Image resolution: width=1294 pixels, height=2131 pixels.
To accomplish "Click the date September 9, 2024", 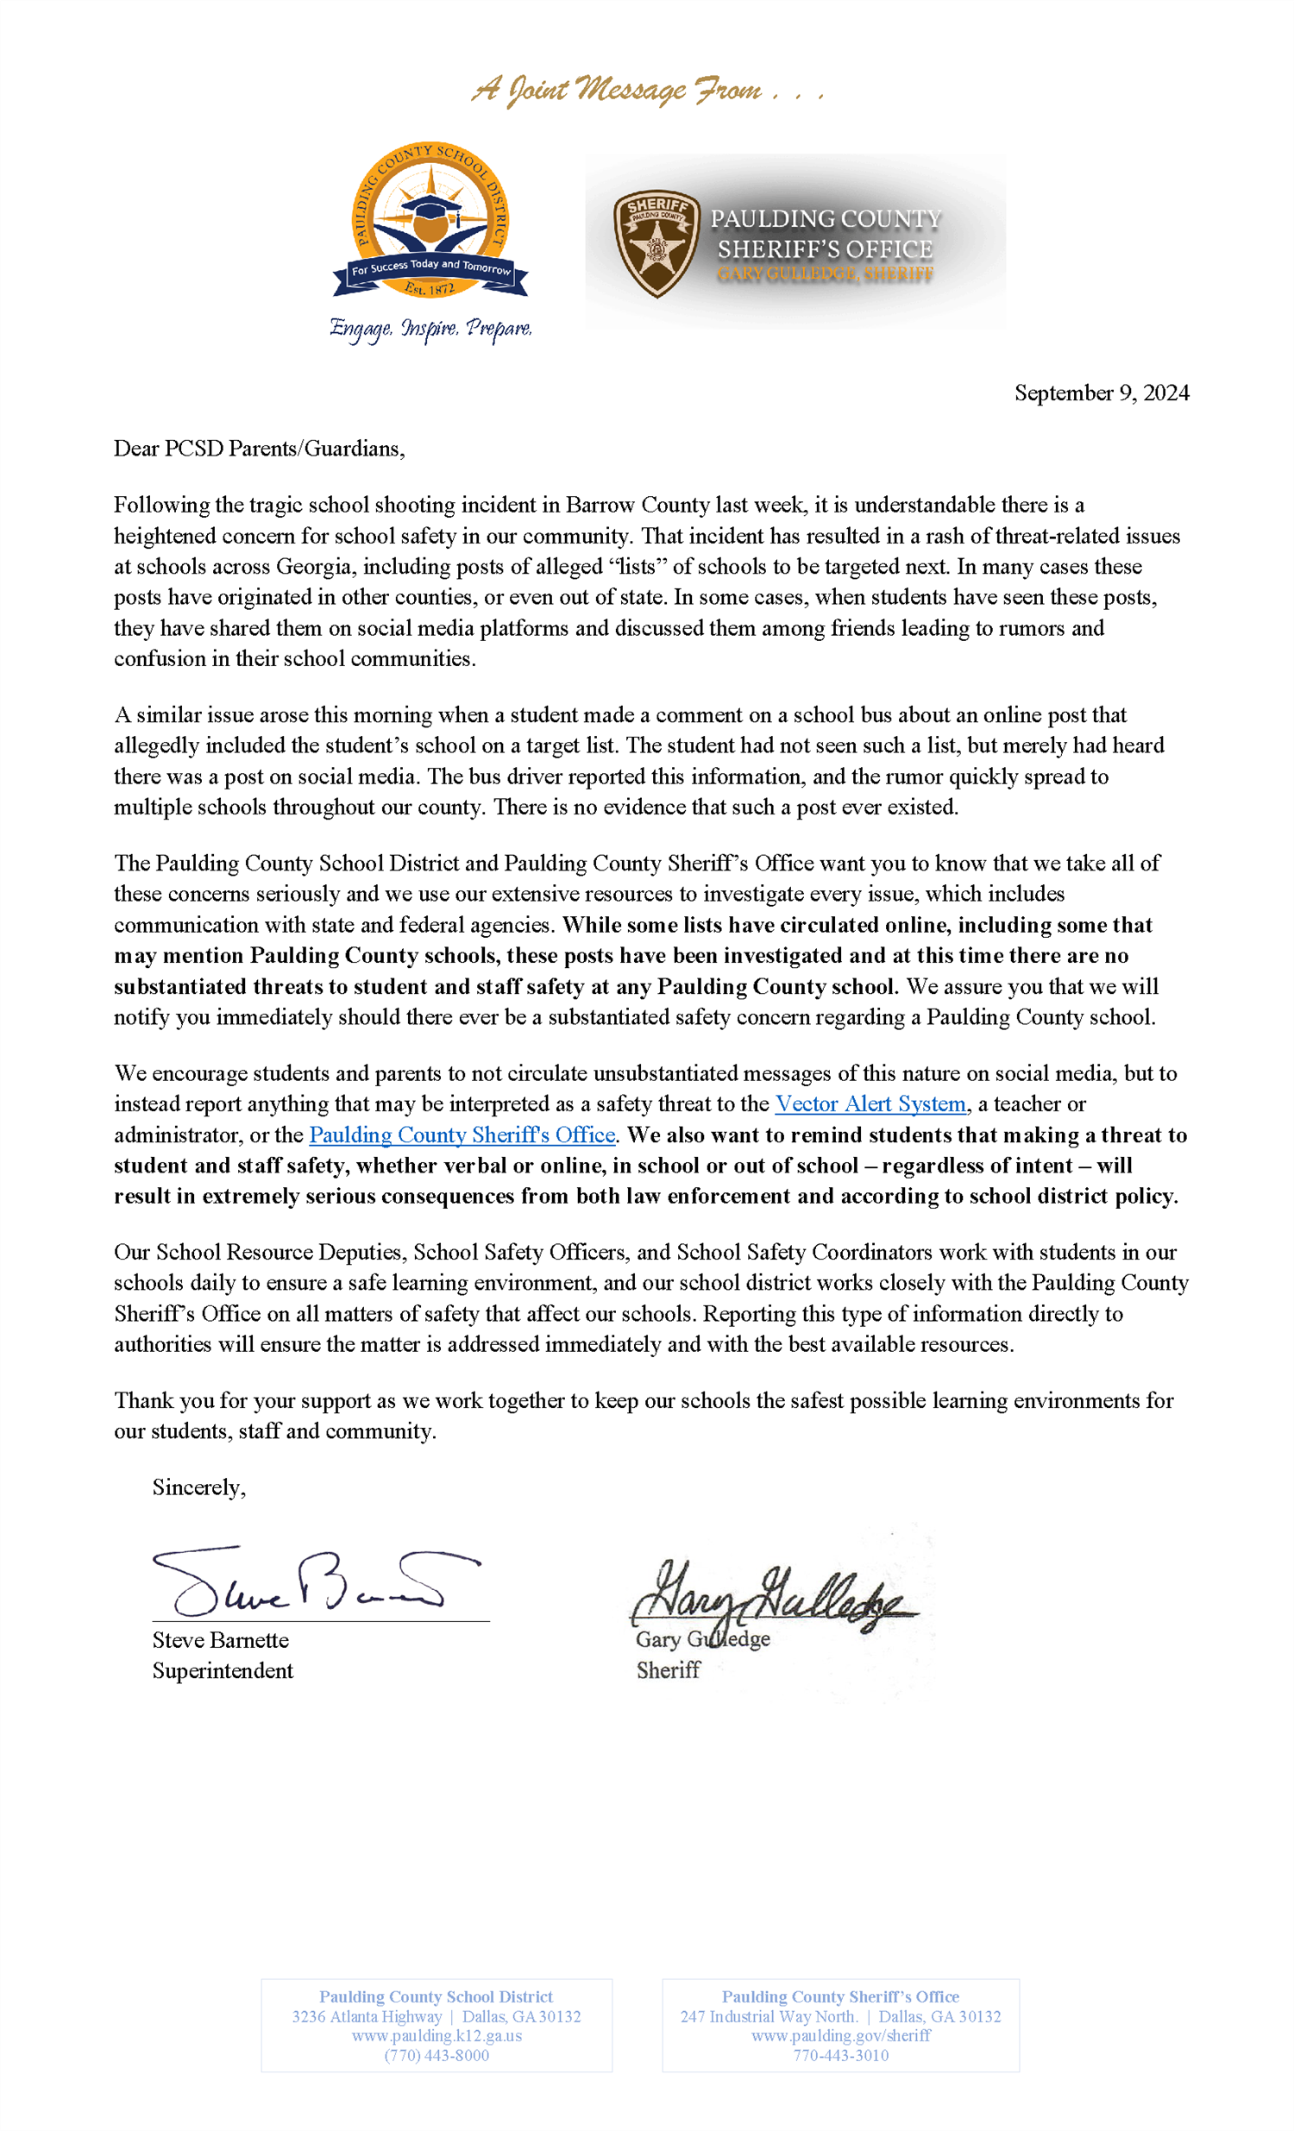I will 1100,393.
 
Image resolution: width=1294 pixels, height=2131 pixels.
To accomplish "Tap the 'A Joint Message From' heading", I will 646,90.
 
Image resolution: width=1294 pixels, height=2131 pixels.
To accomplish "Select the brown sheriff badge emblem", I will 656,243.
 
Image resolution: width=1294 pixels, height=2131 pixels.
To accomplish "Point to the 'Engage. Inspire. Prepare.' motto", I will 430,329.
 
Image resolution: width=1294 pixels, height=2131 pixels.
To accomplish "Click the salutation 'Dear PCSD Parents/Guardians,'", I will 259,448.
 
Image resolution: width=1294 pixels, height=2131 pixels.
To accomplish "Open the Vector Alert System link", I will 870,1103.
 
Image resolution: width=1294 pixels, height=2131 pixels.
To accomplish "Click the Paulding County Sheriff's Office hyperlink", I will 462,1135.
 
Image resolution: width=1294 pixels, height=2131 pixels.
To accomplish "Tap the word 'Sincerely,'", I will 199,1487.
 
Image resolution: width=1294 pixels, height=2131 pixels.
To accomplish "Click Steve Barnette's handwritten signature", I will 311,1581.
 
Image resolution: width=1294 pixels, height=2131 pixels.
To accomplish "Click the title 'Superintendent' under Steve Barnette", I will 223,1670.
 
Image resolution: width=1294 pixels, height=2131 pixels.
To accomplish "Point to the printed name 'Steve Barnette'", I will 221,1640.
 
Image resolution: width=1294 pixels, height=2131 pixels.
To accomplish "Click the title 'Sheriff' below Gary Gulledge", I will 668,1670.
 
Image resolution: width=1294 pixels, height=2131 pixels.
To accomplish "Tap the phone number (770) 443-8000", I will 437,2055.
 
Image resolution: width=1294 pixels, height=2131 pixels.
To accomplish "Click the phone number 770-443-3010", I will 841,2055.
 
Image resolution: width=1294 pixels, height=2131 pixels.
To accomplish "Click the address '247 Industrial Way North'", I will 769,2016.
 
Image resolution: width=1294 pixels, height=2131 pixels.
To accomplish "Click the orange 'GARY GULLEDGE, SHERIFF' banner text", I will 825,274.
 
